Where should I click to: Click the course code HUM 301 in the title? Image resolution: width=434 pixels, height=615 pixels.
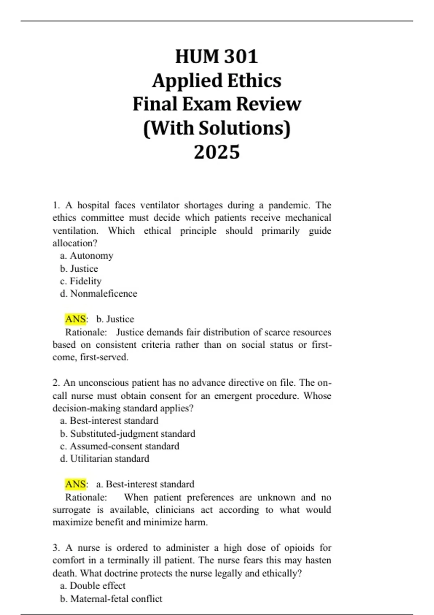click(217, 56)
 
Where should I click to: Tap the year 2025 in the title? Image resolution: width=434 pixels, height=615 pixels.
click(217, 152)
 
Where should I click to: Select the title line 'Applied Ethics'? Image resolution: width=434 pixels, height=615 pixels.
click(217, 81)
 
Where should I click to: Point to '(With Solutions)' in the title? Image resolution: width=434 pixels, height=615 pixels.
click(217, 128)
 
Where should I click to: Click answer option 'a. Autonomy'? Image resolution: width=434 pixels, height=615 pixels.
click(87, 256)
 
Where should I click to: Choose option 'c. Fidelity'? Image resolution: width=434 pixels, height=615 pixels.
click(81, 281)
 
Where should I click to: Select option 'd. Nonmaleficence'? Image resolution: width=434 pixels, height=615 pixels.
click(99, 293)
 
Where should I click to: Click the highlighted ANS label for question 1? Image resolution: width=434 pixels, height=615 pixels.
click(76, 319)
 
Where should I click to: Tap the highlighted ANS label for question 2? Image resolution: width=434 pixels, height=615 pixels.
click(76, 484)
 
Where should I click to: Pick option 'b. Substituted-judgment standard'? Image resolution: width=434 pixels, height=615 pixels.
click(128, 433)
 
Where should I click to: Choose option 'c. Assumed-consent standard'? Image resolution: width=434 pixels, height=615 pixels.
click(120, 446)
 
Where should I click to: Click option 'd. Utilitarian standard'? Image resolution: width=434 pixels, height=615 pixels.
click(105, 459)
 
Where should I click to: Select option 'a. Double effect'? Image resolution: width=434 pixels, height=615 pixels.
click(93, 586)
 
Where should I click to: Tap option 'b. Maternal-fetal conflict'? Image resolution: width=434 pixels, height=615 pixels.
click(111, 599)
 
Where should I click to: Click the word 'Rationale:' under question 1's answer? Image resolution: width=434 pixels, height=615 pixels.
click(86, 332)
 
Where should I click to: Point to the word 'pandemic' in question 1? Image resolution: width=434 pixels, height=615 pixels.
click(289, 205)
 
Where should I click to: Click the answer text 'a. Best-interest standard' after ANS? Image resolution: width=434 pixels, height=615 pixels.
click(145, 484)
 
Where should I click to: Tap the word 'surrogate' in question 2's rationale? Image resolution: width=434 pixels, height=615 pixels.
click(72, 510)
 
